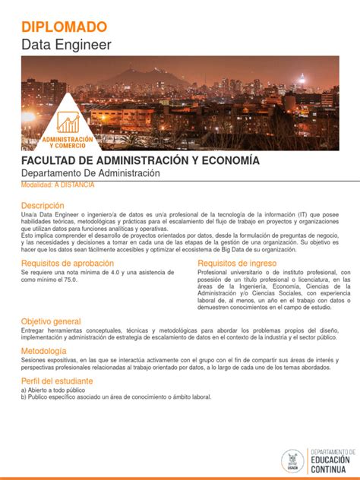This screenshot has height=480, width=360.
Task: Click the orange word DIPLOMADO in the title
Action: [x=64, y=27]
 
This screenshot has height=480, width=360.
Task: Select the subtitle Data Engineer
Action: [x=66, y=45]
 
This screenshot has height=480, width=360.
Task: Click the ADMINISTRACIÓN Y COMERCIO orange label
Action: [x=68, y=142]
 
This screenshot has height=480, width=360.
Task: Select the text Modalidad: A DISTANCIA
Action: [x=58, y=185]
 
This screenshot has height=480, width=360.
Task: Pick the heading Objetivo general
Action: [x=51, y=321]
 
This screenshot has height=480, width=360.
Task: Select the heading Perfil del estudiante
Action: [x=57, y=381]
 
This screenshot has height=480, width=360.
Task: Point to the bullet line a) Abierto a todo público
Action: [x=58, y=390]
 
